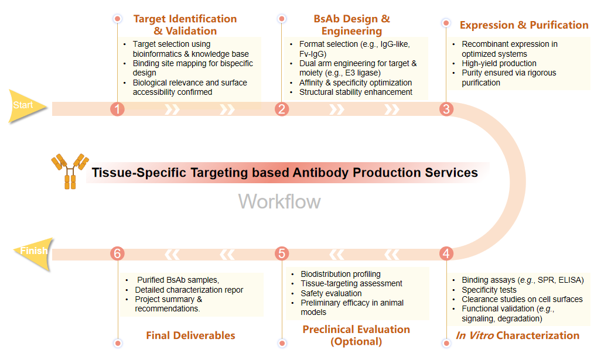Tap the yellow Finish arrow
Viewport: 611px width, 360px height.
pos(33,252)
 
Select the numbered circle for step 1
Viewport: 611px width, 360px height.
pos(118,109)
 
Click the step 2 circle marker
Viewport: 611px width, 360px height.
pos(282,109)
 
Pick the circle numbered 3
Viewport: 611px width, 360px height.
pos(446,109)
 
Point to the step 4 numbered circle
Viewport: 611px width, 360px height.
pos(446,253)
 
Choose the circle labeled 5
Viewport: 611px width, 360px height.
pos(282,253)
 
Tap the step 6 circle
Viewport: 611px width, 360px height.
pos(118,253)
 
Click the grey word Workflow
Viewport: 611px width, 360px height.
pos(279,201)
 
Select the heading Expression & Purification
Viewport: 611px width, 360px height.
pos(524,25)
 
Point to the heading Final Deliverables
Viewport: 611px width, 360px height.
pos(190,335)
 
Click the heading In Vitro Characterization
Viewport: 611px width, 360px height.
pos(517,335)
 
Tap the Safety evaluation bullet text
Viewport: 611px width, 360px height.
pos(331,293)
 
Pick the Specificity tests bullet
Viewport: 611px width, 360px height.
pos(489,290)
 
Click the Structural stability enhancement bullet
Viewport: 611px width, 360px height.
pos(356,92)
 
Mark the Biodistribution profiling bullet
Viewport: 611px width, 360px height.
pos(340,274)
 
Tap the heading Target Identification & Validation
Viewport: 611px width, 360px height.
pos(185,25)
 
